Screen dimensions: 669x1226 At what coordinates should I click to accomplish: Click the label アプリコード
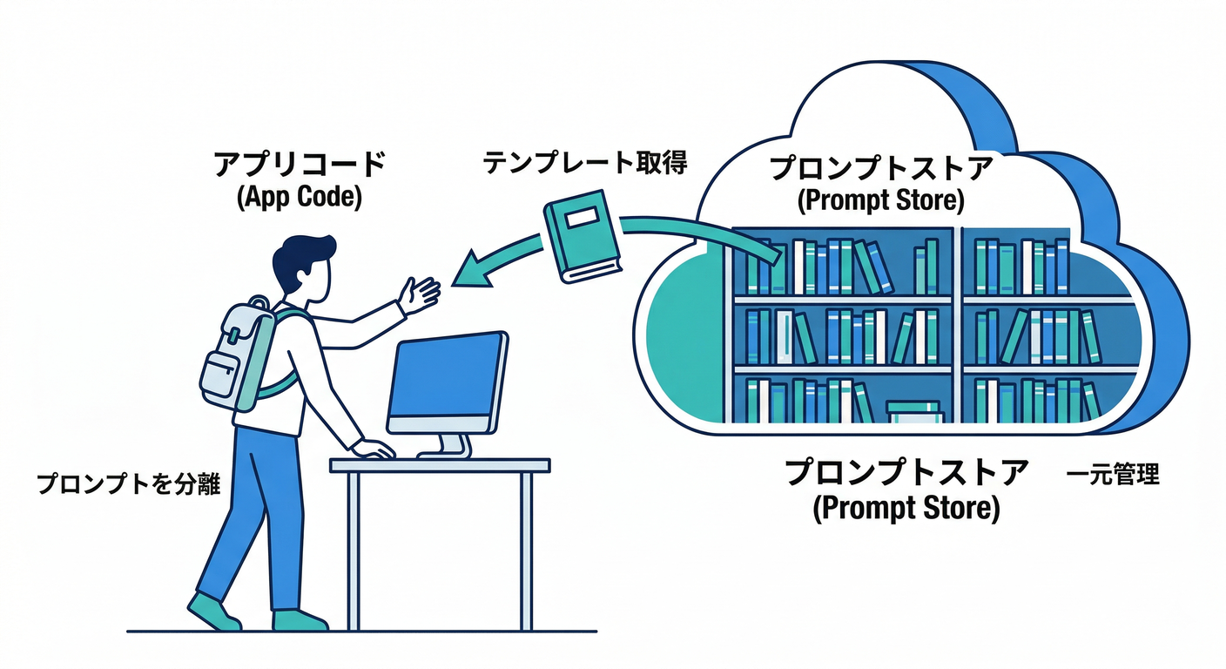(x=299, y=165)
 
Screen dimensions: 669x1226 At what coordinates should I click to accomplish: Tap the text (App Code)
(x=299, y=197)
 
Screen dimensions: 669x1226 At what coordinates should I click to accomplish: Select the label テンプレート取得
(x=585, y=161)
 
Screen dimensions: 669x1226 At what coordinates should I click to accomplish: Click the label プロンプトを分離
(x=128, y=484)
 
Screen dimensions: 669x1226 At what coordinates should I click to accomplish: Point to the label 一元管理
(x=1113, y=476)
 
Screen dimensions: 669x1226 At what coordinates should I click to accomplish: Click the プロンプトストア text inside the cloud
(x=881, y=168)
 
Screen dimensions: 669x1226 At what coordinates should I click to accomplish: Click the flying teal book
(x=580, y=233)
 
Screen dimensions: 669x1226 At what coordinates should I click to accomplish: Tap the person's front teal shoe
(x=299, y=619)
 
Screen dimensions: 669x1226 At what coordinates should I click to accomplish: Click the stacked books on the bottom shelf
(x=913, y=411)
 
